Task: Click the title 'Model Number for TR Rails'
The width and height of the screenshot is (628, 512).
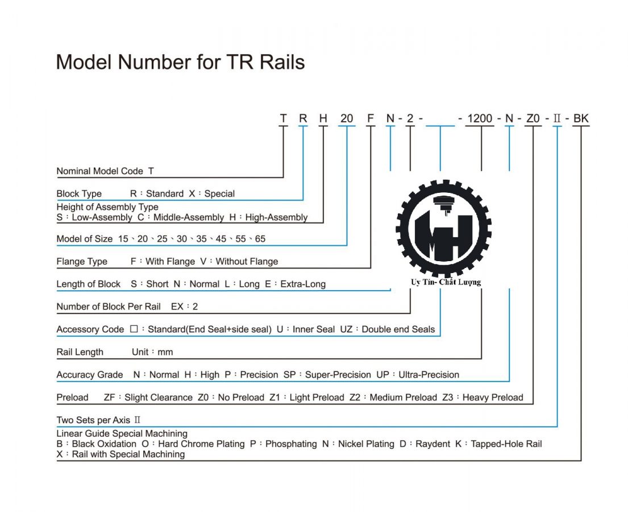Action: (x=180, y=62)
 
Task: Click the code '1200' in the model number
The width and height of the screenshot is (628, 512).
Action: (x=480, y=118)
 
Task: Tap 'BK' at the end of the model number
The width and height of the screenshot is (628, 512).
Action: (x=581, y=118)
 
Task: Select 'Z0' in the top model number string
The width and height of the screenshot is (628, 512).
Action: (x=533, y=118)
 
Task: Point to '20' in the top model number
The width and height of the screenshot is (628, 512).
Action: (x=347, y=118)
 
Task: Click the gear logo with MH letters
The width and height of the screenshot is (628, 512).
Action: (x=444, y=228)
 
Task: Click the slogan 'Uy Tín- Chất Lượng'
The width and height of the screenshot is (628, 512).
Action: (x=446, y=282)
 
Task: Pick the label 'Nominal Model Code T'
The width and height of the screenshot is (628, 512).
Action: (x=105, y=171)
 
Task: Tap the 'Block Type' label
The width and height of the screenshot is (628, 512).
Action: (x=79, y=193)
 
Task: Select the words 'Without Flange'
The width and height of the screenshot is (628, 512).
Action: (x=247, y=262)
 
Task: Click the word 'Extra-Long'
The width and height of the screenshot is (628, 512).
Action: (x=303, y=284)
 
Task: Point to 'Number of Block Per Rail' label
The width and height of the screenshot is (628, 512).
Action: (x=109, y=307)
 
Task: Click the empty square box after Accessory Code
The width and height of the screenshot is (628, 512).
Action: (x=134, y=329)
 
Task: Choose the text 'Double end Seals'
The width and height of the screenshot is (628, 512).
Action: (x=398, y=329)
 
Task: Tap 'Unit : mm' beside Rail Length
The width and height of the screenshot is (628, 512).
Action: (x=152, y=352)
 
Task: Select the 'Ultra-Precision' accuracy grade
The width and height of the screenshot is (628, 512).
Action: (x=429, y=375)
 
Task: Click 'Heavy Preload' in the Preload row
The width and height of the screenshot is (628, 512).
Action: (x=493, y=398)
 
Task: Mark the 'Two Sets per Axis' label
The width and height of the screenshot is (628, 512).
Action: (x=93, y=420)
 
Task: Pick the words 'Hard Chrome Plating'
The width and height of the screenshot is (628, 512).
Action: (x=201, y=444)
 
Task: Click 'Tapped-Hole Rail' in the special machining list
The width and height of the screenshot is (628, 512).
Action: (x=506, y=444)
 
